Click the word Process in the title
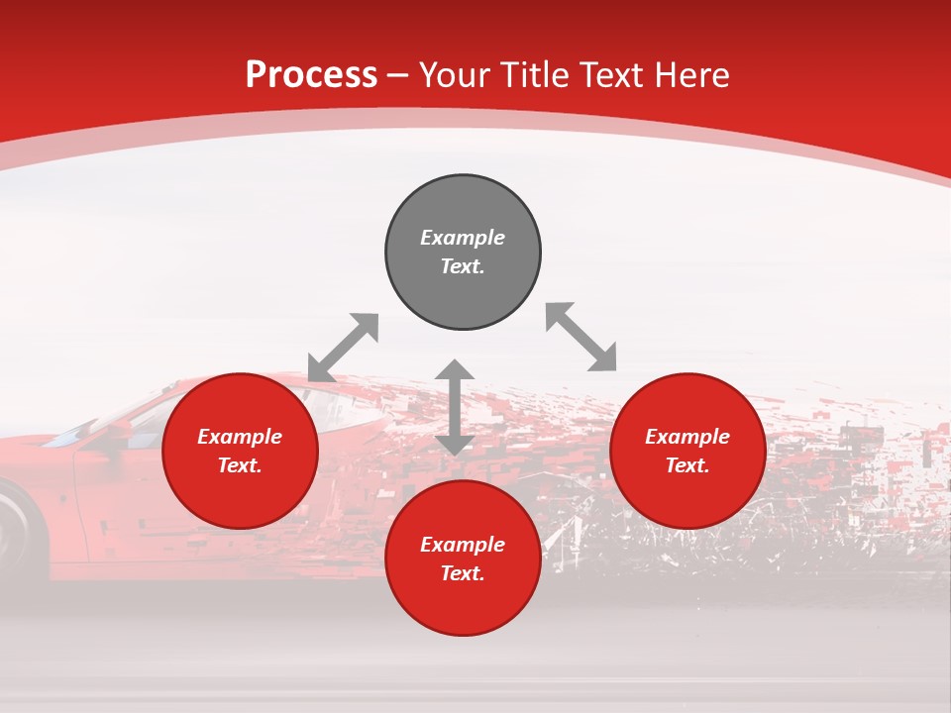pyautogui.click(x=311, y=75)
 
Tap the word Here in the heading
pyautogui.click(x=690, y=75)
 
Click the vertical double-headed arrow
pyautogui.click(x=455, y=407)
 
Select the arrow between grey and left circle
pyautogui.click(x=343, y=348)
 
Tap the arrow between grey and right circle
pyautogui.click(x=581, y=337)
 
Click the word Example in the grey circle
pyautogui.click(x=463, y=238)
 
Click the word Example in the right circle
pyautogui.click(x=687, y=437)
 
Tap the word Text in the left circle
pyautogui.click(x=240, y=465)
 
